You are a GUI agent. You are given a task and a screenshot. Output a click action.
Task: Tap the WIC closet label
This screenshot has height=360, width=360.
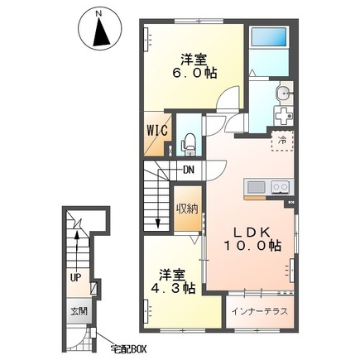[157, 130]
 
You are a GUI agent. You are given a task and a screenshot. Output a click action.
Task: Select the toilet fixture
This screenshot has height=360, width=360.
[189, 145]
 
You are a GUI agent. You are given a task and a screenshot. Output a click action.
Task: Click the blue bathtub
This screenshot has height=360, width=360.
[269, 37]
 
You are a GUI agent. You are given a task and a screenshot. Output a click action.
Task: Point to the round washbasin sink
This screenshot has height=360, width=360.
[282, 94]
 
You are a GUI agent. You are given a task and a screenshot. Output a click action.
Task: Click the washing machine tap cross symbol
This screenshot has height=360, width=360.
[284, 116]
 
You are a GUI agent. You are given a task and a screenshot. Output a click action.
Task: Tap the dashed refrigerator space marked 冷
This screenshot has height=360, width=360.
[282, 141]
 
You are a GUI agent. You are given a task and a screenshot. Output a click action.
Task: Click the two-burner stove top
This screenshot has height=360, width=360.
[281, 187]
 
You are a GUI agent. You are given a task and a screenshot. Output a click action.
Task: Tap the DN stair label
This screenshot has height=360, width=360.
[189, 170]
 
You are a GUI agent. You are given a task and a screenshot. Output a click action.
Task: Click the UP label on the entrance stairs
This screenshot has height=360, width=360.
[75, 278]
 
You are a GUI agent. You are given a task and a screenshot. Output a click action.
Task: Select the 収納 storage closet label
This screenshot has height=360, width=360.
[188, 209]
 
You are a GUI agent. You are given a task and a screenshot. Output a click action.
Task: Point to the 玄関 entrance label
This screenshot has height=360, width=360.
[79, 311]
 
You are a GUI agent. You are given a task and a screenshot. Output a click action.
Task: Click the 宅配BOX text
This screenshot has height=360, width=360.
[128, 349]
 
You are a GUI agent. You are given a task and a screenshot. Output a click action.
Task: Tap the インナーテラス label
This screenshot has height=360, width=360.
[260, 311]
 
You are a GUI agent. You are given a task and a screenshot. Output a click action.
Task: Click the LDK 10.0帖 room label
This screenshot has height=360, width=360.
[252, 239]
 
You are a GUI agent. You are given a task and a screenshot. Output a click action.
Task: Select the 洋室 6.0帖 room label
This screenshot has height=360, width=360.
[194, 66]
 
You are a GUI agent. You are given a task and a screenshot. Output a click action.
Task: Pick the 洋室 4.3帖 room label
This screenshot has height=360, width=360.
[173, 281]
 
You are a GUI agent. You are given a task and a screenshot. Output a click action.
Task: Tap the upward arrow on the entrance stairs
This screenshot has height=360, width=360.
[78, 248]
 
